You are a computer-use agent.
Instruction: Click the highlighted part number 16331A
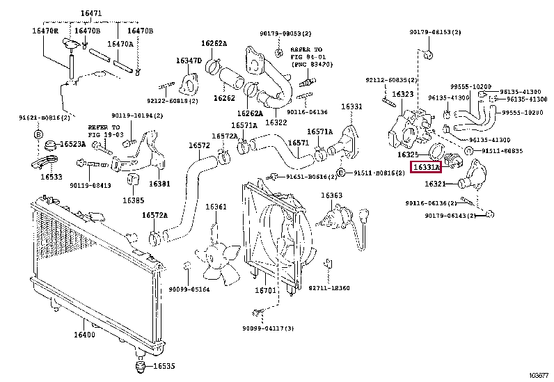click(426, 168)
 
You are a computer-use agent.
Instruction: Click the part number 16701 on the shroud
click(266, 290)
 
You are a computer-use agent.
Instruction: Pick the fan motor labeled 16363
click(331, 196)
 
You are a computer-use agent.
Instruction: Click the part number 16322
click(276, 122)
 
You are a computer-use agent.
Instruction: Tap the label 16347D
click(188, 61)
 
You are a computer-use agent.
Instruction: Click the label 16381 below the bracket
click(159, 184)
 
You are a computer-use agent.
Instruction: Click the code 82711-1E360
click(329, 287)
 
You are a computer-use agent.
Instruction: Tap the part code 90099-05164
click(189, 289)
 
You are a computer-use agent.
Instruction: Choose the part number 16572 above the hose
click(199, 145)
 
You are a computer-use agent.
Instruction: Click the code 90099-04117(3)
click(269, 328)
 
